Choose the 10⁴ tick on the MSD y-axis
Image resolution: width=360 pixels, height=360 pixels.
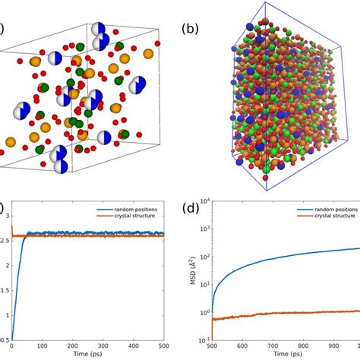pyautogui.click(x=214, y=201)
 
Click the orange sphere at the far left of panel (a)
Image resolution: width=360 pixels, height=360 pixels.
pyautogui.click(x=11, y=142)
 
